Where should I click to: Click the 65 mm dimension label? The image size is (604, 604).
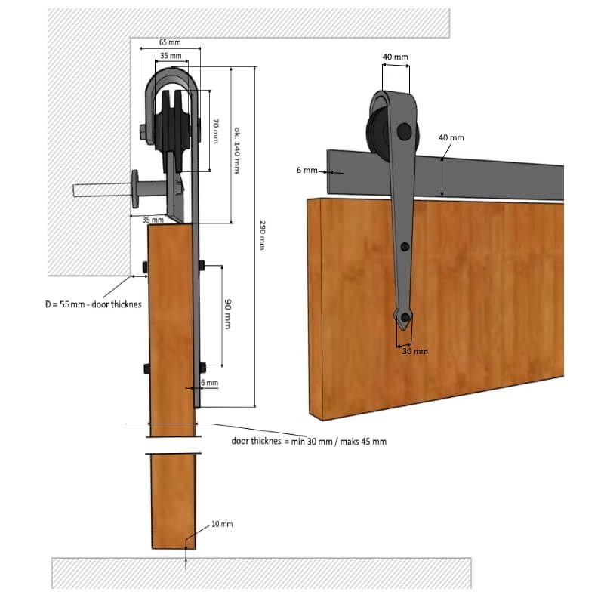coord(170,42)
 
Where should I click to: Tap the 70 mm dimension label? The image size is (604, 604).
coord(216,131)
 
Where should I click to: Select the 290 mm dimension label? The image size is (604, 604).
coord(262,236)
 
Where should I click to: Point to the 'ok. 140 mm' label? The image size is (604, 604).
coord(237,150)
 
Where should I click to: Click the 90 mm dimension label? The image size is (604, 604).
coord(228,314)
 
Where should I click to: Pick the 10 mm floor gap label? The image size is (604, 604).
coord(222,524)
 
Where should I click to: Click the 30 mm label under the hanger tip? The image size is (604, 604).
coord(414,351)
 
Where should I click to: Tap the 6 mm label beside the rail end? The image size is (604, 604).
coord(307,171)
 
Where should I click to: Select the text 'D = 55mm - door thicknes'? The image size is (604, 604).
coord(93,304)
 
